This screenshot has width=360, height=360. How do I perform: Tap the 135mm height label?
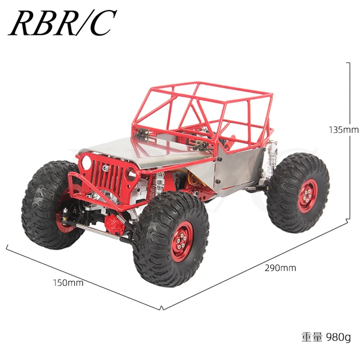tap(343, 129)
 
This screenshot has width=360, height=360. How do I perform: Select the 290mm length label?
tap(280, 268)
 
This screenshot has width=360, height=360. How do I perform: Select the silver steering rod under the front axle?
tap(101, 229)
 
